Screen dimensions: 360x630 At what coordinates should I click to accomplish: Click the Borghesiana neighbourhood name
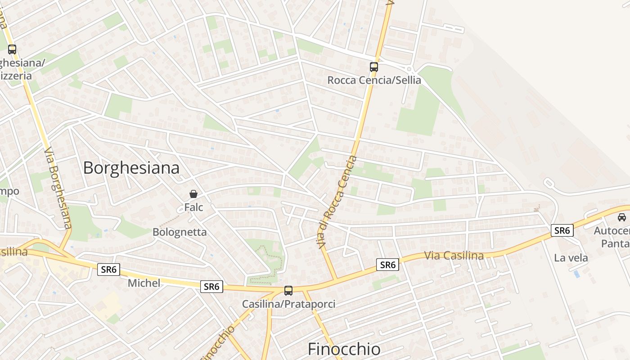coord(131,168)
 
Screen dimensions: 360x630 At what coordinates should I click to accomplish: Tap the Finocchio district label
coord(344,349)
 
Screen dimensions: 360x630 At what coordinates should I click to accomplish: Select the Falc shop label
coord(193,207)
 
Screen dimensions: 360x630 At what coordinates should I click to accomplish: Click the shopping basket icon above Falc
coord(193,194)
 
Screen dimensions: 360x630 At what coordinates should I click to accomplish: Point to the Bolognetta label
coord(180,232)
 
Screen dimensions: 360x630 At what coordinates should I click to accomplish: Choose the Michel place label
coord(144,283)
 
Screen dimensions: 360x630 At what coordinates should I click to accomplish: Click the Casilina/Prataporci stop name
coord(288,304)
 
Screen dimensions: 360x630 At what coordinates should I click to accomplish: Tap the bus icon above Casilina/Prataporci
coord(288,291)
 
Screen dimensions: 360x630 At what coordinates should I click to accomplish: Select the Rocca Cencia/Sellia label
coord(374,81)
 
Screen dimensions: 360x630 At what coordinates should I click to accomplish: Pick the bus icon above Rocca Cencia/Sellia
coord(374,67)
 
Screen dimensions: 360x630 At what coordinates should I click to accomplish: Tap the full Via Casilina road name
coord(454,256)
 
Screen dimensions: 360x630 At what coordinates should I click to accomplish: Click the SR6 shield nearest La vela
coord(562,230)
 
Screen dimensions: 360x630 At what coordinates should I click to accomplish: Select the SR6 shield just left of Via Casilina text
coord(387,265)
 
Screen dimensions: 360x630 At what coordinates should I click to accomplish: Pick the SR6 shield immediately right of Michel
coord(211,286)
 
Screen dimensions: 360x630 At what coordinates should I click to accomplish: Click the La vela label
coord(571,258)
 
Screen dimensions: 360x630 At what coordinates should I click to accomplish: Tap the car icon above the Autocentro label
coord(621,217)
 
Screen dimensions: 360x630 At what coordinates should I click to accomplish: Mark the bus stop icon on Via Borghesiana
coord(12,49)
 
